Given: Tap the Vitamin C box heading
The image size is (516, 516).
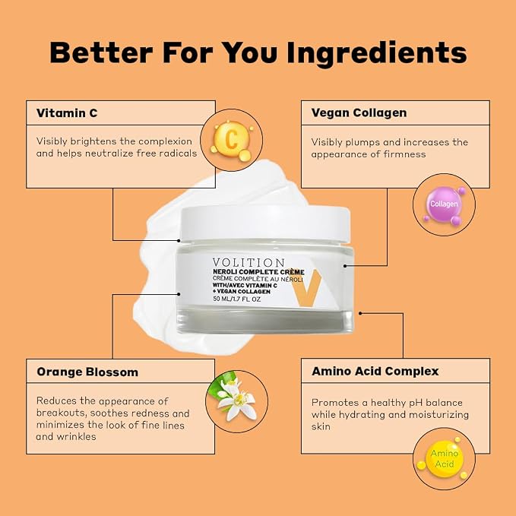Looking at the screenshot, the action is click(67, 113).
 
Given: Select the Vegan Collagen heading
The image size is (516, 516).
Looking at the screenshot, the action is click(359, 113).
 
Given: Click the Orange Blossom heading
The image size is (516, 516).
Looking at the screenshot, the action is click(87, 372).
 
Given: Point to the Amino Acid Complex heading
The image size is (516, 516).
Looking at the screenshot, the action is click(375, 371).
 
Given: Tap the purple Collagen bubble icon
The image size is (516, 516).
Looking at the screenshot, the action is click(445, 205).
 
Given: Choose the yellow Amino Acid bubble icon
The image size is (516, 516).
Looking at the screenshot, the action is click(445, 458).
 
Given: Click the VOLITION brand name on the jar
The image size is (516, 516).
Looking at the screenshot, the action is click(249, 262).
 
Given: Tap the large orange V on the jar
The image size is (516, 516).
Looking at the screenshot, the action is click(306, 288).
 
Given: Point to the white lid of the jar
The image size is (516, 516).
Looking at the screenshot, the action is click(265, 223).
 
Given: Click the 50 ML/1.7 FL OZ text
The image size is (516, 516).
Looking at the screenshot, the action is click(237, 299).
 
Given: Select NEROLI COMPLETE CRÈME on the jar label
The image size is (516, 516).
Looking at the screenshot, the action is click(258, 272).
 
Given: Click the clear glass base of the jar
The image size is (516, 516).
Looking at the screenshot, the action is click(266, 318).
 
